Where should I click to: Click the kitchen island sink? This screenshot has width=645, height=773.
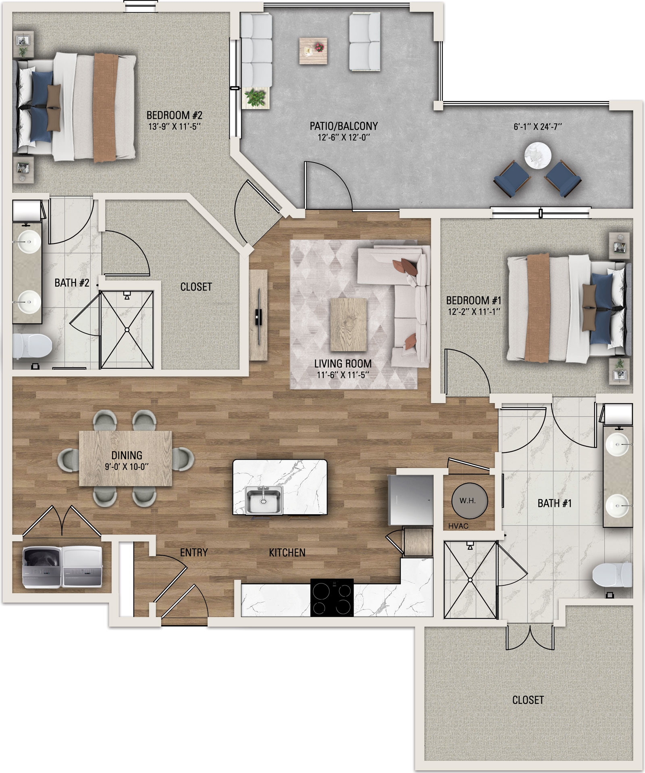[264, 500]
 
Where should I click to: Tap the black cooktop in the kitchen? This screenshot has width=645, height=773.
[332, 597]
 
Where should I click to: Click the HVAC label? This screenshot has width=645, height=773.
[458, 526]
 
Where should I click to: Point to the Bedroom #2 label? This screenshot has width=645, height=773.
[175, 115]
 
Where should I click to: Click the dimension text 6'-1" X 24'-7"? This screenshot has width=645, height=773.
[538, 127]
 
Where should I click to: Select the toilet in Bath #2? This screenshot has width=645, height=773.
[32, 346]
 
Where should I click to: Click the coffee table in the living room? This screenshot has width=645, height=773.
[349, 325]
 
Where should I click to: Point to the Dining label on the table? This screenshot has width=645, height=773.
[127, 455]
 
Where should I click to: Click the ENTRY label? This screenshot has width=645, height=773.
[194, 552]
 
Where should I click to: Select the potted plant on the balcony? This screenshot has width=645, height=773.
[256, 98]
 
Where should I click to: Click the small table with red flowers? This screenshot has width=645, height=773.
[313, 51]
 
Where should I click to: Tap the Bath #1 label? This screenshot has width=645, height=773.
[554, 503]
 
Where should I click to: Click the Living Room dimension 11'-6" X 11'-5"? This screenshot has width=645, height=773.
[343, 375]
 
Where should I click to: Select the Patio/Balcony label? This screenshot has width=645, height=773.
[344, 126]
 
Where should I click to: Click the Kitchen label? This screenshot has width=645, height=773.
[287, 552]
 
